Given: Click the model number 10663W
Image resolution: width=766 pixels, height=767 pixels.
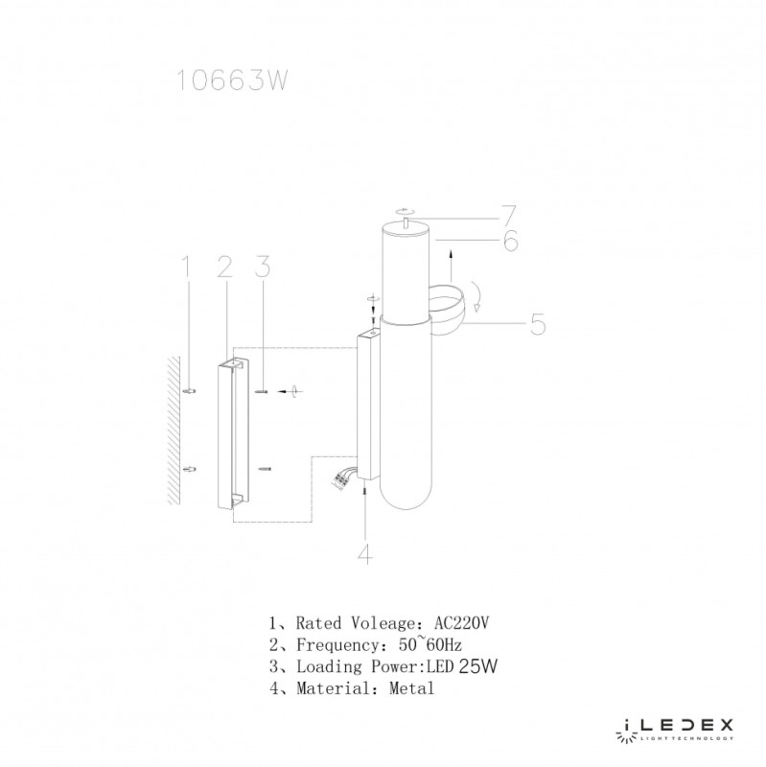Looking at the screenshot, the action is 231,80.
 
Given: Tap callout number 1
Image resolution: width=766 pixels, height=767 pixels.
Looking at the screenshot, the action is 185,267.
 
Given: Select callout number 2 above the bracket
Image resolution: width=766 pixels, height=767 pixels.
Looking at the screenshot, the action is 224,267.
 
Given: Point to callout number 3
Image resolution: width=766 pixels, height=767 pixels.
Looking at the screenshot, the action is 263,267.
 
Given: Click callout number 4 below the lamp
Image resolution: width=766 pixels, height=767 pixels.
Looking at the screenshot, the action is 365,553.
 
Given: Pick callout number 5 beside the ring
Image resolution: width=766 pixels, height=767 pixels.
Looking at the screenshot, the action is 538,324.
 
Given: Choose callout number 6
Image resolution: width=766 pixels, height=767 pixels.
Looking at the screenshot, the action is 511,241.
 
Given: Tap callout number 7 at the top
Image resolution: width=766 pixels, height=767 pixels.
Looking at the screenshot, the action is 509,215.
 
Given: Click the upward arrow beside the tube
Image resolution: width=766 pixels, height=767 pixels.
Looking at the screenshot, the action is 451,267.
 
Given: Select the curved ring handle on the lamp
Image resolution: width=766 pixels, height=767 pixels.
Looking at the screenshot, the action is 447,309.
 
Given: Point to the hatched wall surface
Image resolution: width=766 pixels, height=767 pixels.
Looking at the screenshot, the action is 174,430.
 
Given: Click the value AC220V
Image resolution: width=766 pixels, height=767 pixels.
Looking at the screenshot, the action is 461,622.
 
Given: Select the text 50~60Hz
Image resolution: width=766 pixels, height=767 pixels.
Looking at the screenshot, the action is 429,644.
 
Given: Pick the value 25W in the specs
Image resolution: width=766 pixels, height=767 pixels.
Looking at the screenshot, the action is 477,666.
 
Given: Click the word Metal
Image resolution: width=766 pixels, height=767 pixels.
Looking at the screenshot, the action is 411,688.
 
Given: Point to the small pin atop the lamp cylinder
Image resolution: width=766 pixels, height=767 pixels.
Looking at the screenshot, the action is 406,223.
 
